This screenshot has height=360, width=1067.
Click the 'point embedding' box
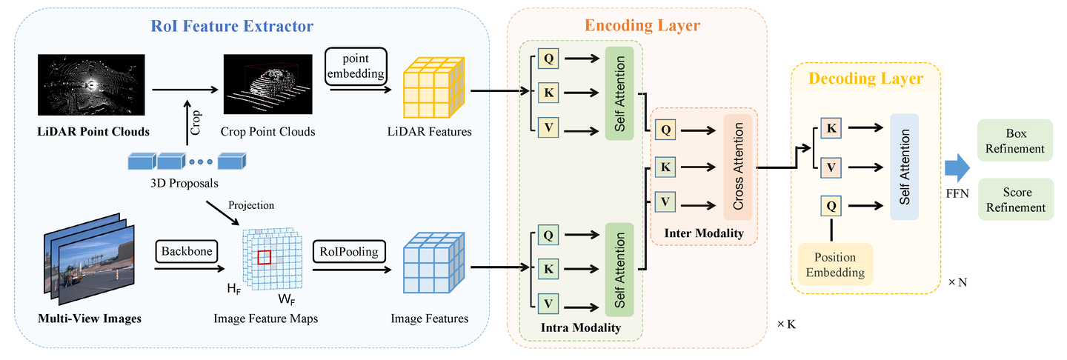[x=356, y=66]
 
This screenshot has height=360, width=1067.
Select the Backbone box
[x=187, y=251]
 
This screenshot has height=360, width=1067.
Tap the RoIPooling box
[x=349, y=251]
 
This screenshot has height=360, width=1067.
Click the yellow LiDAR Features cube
[x=433, y=87]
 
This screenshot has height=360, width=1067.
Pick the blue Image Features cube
[x=433, y=263]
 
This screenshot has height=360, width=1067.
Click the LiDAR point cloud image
[x=91, y=84]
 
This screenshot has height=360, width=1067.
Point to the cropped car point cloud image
[x=268, y=84]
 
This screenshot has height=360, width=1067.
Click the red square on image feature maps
[x=265, y=258]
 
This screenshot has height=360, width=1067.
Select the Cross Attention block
[x=738, y=167]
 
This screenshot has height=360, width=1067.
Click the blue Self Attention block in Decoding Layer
[x=905, y=167]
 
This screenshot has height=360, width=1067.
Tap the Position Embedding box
[x=836, y=264]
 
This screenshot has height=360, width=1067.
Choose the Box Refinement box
[x=1015, y=141]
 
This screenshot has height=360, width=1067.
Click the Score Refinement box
[x=1016, y=199]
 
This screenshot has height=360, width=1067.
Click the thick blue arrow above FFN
[x=957, y=167]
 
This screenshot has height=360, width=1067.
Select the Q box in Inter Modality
[x=665, y=130]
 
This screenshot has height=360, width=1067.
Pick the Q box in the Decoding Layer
[x=831, y=206]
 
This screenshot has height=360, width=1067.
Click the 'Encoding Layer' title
[x=642, y=25]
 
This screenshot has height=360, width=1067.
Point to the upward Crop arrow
[x=187, y=123]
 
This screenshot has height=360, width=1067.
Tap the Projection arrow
[x=222, y=213]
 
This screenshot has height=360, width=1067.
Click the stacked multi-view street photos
[x=90, y=259]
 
